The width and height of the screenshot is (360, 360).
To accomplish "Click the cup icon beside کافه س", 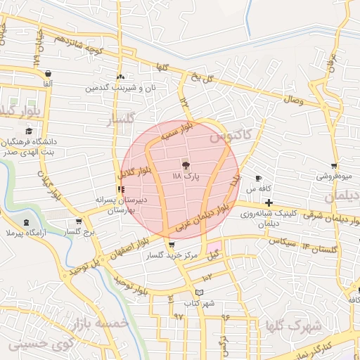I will click(259, 178).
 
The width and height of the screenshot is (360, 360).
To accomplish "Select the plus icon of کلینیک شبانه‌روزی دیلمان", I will click(269, 202).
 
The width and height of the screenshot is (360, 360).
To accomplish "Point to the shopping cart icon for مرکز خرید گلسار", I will click(172, 245).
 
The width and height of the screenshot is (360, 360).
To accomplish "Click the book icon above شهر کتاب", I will click(200, 292).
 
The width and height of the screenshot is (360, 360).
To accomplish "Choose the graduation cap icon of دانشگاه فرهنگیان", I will click(29, 131).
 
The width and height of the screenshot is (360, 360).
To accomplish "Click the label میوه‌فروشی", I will click(335, 176).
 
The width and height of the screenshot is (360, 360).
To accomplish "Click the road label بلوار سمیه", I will click(178, 133).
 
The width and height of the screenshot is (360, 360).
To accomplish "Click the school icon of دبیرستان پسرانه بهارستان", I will click(122, 189).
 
